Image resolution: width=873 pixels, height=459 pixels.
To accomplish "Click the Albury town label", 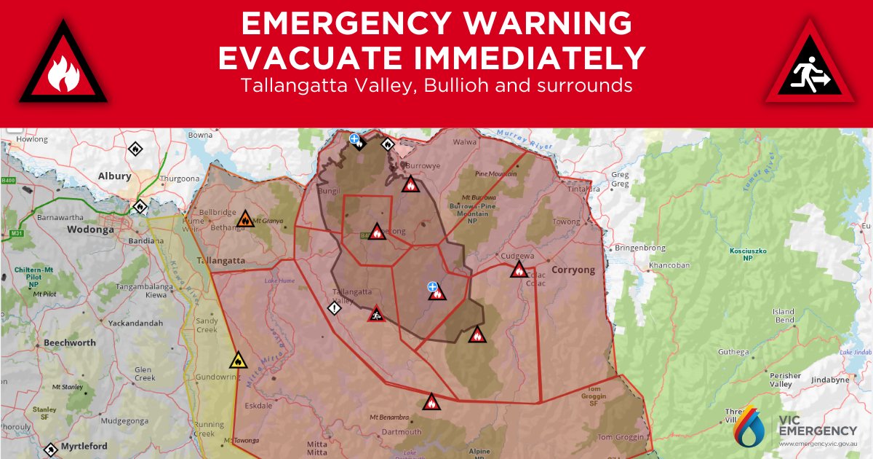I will tap(115, 176).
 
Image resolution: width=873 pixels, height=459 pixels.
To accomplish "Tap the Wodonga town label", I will tap(90, 229).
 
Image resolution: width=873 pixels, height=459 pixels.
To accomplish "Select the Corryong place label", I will tap(573, 270).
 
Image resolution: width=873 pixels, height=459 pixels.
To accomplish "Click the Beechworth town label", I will tap(69, 342).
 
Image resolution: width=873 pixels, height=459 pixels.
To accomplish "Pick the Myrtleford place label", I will tap(84, 446).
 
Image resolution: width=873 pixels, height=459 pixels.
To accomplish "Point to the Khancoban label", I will tap(669, 265).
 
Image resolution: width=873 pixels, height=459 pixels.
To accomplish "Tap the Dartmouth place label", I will tap(401, 432).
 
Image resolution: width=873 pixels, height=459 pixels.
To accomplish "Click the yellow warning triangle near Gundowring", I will tap(238, 360).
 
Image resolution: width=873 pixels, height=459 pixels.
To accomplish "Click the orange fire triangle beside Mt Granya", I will tap(245, 219).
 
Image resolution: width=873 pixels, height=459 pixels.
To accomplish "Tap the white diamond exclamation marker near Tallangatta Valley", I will tap(334, 308).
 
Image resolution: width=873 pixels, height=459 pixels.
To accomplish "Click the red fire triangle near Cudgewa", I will tap(518, 270).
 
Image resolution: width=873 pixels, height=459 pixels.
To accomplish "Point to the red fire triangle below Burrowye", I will tap(410, 184).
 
